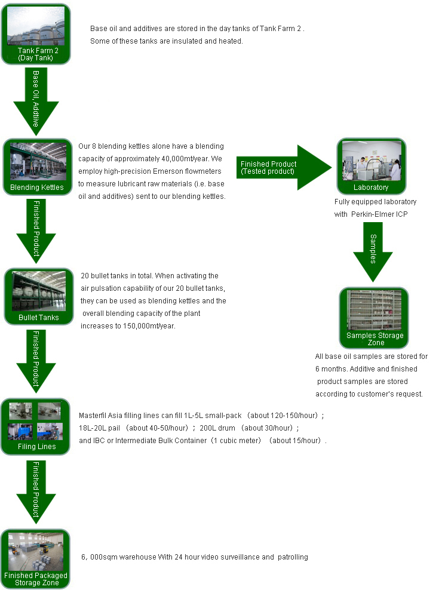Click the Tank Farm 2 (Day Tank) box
[36, 34]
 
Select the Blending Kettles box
[36, 167]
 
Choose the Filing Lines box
[36, 426]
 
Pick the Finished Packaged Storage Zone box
[36, 558]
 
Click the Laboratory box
[371, 167]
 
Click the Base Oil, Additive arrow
[36, 102]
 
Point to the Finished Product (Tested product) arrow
[281, 168]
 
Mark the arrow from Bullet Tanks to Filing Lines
[36, 361]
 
